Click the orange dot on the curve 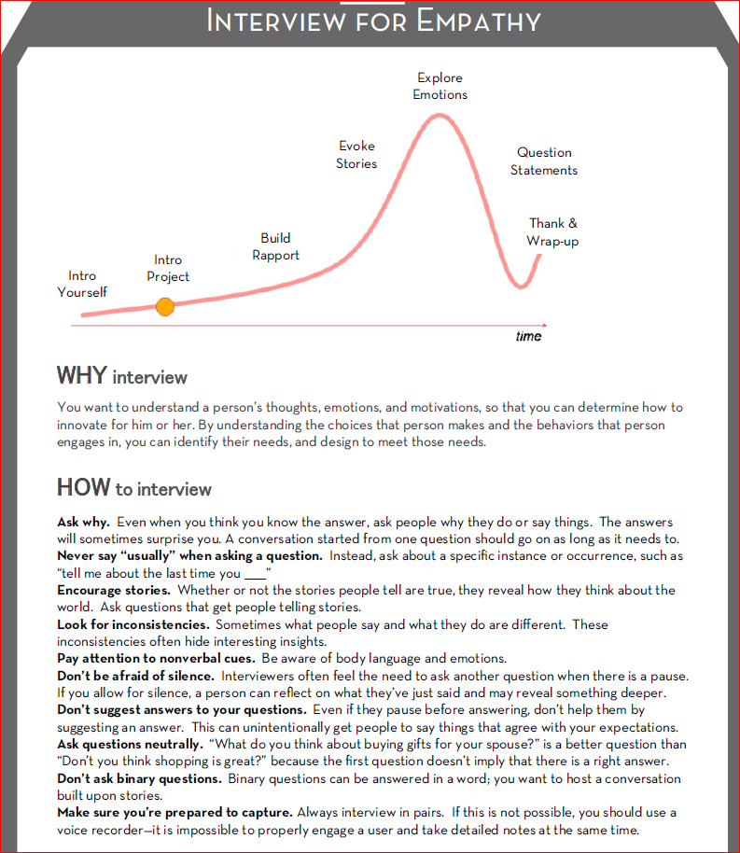(x=165, y=306)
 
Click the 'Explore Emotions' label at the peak (x=440, y=86)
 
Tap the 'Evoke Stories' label (x=357, y=154)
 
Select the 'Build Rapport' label (x=276, y=246)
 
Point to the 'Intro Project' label (x=168, y=268)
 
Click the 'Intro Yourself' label (x=82, y=284)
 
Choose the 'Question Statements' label (x=546, y=161)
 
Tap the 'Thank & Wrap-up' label (x=553, y=231)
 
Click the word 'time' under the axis (x=528, y=336)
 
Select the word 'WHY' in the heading (x=81, y=376)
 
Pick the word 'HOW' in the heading (x=82, y=487)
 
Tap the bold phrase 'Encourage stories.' (x=114, y=590)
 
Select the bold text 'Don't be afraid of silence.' (x=136, y=676)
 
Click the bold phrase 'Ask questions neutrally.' (x=130, y=744)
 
